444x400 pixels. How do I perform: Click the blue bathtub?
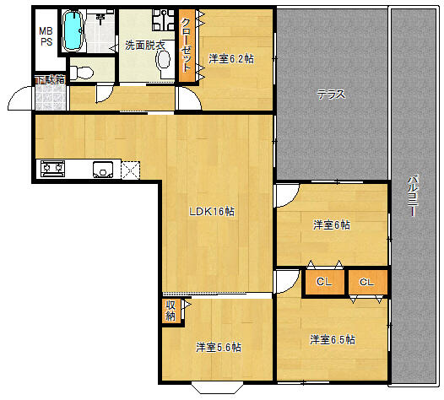(73, 31)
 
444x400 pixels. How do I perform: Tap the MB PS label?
(46, 36)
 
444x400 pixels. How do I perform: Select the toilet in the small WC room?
(82, 73)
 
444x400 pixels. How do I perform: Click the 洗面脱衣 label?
(145, 46)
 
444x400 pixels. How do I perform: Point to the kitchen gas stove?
(52, 169)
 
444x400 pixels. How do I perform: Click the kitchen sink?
(103, 170)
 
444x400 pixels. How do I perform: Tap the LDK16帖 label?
(212, 212)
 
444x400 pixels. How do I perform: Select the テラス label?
(331, 95)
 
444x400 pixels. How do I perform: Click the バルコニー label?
(413, 196)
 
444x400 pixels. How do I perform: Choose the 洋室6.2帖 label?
(231, 59)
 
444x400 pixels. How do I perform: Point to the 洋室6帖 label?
(332, 225)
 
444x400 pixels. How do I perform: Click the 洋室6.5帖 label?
(333, 339)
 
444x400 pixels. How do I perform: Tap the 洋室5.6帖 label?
(219, 347)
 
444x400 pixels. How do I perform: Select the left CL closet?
(324, 282)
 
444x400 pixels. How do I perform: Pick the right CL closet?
(367, 282)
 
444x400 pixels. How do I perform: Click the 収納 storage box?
(171, 311)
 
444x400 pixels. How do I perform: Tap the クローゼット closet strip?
(187, 46)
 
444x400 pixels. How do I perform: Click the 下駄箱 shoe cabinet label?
(50, 80)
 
